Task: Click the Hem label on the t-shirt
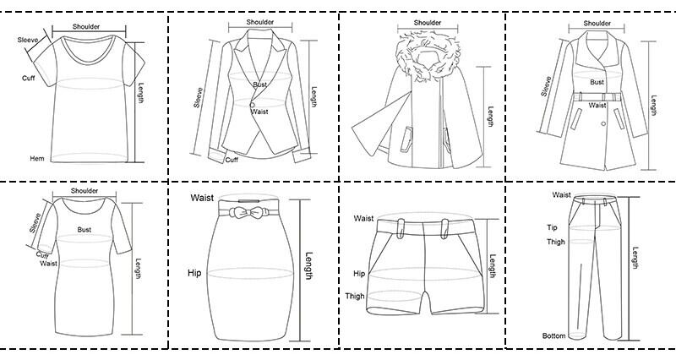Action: pos(37,159)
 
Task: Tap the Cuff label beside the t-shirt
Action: pos(28,79)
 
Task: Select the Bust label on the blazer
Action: pos(261,85)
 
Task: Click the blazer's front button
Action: pos(251,105)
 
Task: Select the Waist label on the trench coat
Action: pos(597,106)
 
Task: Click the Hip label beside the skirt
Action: pos(195,273)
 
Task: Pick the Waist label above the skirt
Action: pos(201,197)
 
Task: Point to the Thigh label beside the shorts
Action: pos(355,296)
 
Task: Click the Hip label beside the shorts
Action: pos(359,274)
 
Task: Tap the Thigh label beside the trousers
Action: pos(554,243)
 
